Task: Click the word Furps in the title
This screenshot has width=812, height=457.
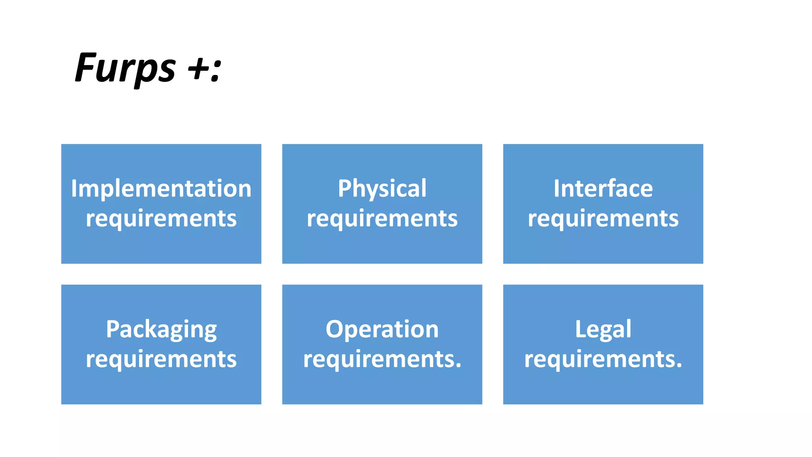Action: (x=125, y=68)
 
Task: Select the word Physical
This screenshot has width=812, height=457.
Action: (x=382, y=189)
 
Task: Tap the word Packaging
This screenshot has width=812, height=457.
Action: (x=161, y=330)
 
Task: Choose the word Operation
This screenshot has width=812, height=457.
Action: (x=382, y=329)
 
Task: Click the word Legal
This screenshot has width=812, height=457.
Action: (x=603, y=330)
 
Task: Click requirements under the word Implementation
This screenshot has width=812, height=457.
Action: (x=161, y=219)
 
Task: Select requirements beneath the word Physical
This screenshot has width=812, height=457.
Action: (x=382, y=219)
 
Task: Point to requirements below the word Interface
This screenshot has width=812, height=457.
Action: (x=603, y=219)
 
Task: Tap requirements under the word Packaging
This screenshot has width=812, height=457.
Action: (x=161, y=359)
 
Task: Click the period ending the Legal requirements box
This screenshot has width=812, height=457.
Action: (x=679, y=366)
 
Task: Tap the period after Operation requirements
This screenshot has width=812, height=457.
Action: (x=458, y=366)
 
